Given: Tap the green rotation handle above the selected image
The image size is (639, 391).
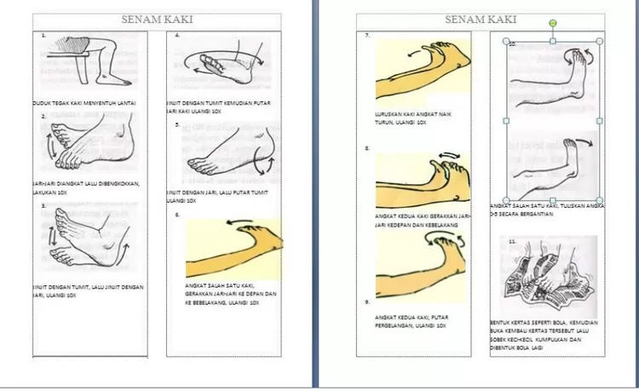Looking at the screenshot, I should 554,23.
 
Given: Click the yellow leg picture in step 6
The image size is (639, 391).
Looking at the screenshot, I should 234,247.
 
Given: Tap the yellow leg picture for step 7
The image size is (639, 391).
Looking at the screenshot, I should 423,66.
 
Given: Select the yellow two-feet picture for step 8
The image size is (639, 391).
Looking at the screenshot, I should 423,181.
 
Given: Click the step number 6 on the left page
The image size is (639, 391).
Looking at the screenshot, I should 177,215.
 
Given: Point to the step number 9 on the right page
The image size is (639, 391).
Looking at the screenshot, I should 366,302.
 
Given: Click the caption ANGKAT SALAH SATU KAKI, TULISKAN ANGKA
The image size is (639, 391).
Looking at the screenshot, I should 548,209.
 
